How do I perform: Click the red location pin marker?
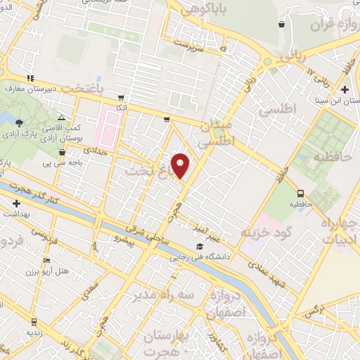tap(181, 165)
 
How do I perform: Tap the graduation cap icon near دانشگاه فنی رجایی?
tap(200, 247)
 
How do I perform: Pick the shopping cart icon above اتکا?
tap(122, 97)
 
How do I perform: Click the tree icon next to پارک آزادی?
tap(18, 122)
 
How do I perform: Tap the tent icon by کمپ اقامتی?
tap(61, 117)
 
